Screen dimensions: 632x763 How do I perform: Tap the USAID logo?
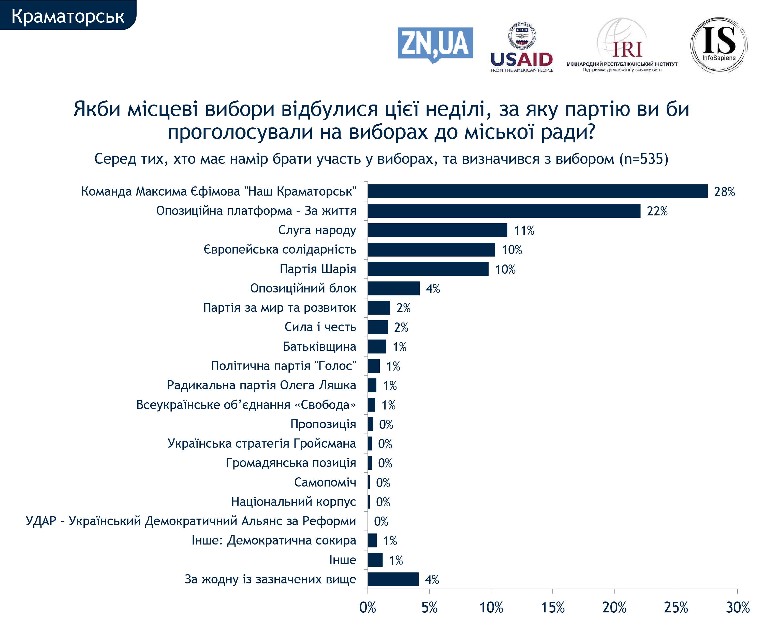click(521, 48)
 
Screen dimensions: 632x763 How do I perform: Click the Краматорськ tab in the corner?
click(68, 16)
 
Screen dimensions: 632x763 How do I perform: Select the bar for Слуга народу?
click(437, 230)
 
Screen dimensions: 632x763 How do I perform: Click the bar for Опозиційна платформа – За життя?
click(504, 211)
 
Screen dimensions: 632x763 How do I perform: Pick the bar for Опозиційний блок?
click(393, 288)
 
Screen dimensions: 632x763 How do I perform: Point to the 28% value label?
click(724, 192)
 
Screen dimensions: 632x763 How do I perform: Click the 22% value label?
click(657, 211)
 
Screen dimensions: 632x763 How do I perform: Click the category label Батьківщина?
click(319, 346)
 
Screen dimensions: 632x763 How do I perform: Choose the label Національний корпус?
click(293, 502)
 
